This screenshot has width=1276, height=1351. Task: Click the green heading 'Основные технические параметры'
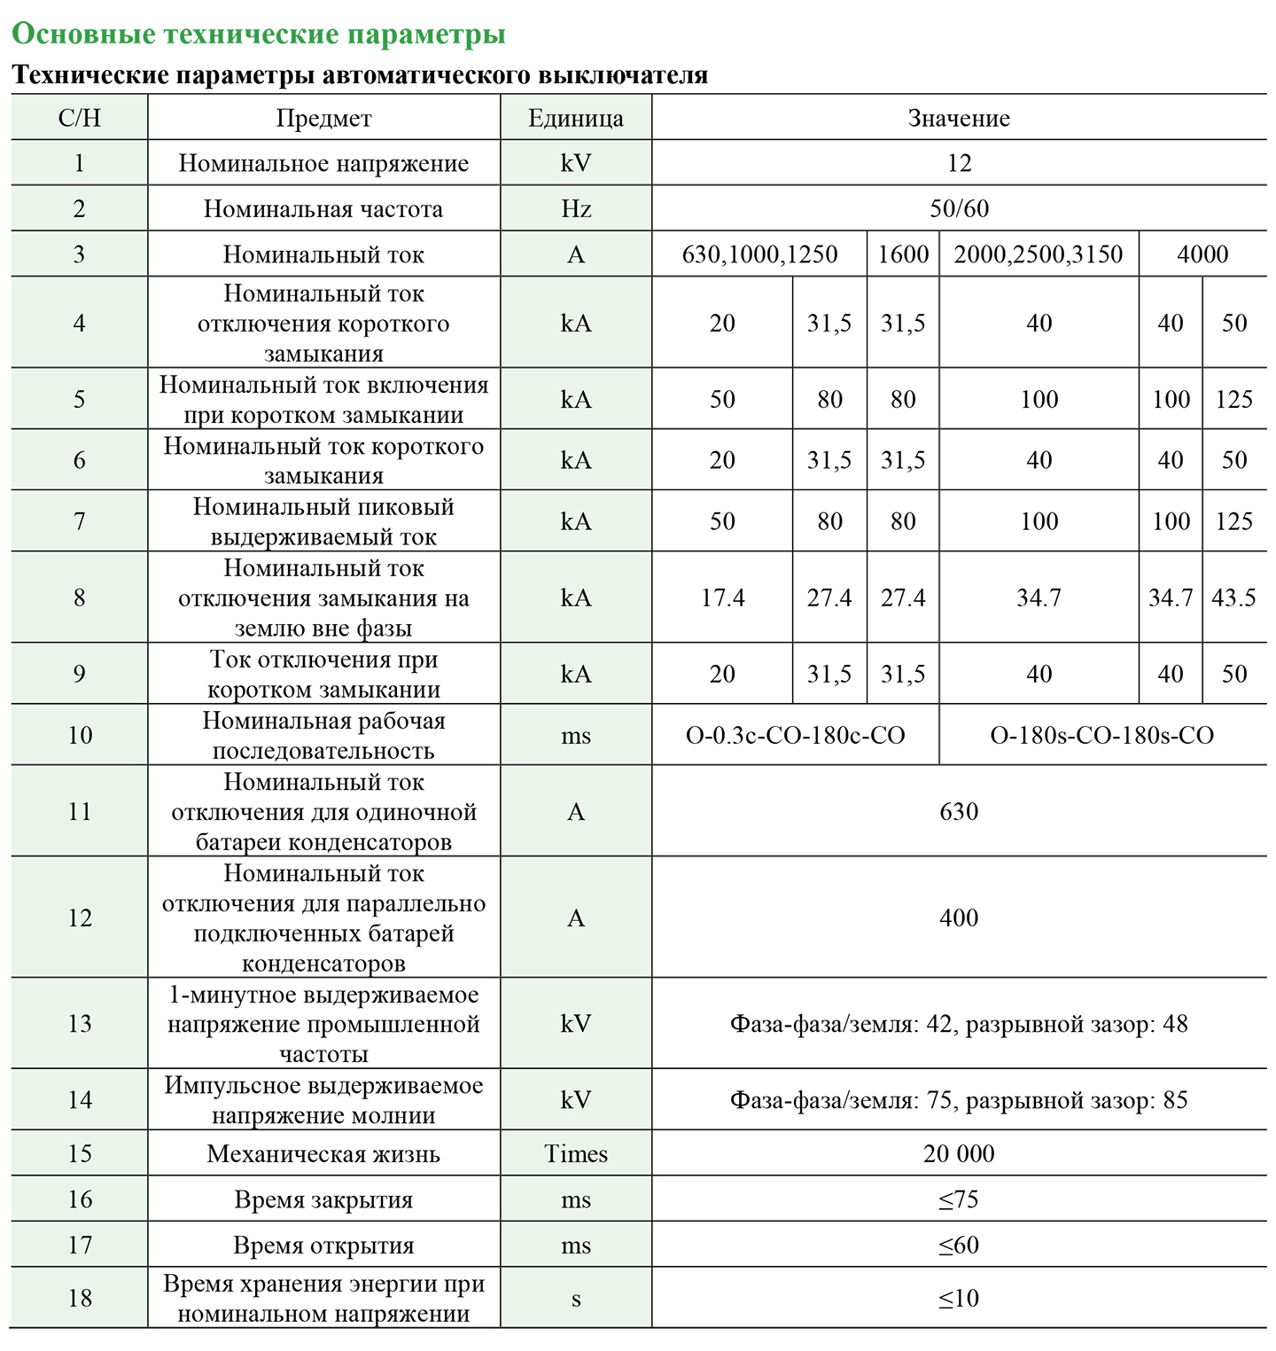click(258, 34)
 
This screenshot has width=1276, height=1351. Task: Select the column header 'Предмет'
click(323, 118)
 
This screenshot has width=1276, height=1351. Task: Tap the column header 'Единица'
click(576, 118)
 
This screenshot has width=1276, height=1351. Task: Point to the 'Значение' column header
click(959, 118)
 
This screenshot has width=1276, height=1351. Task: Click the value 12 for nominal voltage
click(959, 163)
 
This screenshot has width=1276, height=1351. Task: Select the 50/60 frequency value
click(959, 208)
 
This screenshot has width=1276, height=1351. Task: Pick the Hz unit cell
click(576, 208)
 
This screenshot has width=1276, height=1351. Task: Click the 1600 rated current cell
click(903, 254)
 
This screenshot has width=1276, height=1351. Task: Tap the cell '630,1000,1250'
click(759, 254)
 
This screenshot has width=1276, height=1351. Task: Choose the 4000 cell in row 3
click(1202, 254)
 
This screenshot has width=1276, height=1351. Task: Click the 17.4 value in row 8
click(722, 597)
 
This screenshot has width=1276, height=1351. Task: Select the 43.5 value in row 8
click(1233, 597)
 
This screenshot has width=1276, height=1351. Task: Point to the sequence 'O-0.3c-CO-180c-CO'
click(795, 735)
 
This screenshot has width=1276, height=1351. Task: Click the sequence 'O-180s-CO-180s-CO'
click(1101, 735)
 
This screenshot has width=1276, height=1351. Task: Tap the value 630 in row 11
click(959, 811)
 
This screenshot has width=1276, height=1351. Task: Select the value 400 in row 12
click(959, 918)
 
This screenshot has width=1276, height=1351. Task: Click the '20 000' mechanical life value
click(959, 1153)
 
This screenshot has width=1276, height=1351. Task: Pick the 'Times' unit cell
click(576, 1153)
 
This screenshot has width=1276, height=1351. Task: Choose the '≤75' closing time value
click(959, 1199)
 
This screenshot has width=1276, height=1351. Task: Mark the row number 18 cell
click(80, 1298)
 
